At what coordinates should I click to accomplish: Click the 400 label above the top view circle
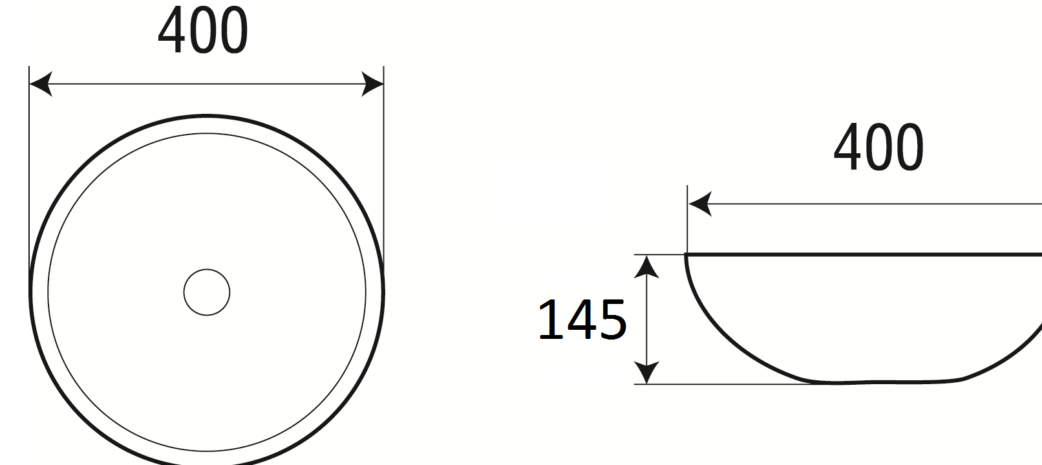(203, 30)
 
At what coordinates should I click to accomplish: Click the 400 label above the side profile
(878, 147)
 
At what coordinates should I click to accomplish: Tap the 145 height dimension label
(582, 319)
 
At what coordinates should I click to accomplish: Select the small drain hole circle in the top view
(207, 292)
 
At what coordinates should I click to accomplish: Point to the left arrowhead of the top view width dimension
(41, 84)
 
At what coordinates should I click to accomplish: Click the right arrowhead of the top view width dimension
(372, 84)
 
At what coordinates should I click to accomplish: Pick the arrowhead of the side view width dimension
(699, 204)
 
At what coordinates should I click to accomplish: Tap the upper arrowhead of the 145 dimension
(646, 266)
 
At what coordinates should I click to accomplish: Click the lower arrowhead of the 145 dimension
(646, 373)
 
